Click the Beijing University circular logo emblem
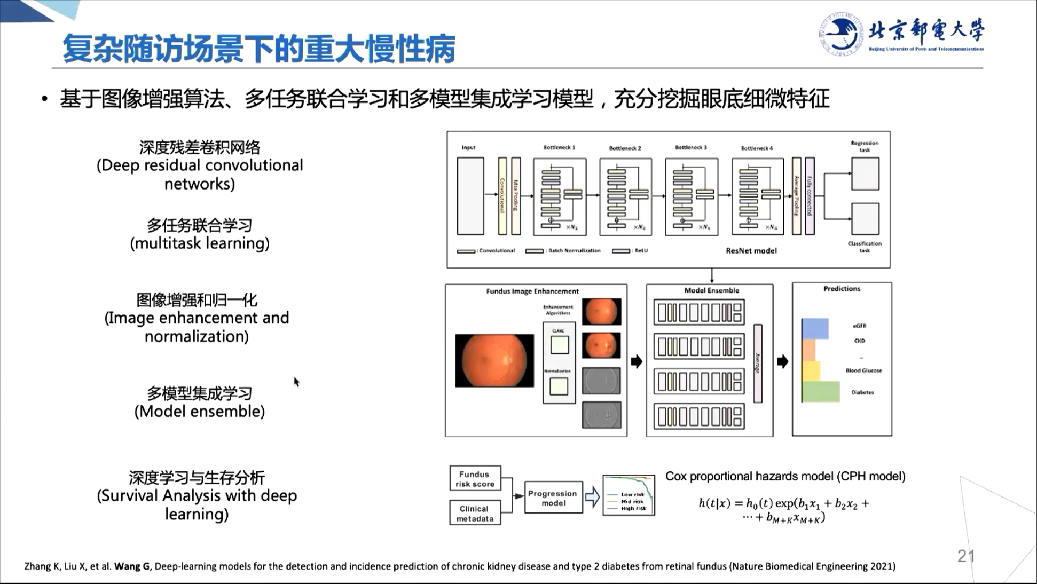point(840,34)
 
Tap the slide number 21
point(966,556)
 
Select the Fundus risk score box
point(475,478)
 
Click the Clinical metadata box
point(475,513)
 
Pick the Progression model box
point(553,498)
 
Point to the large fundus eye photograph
point(494,360)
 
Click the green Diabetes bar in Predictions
point(820,392)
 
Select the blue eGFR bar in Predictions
point(814,328)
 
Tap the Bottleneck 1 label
point(559,147)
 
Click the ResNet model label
point(751,250)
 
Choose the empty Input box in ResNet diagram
point(470,196)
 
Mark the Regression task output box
point(865,173)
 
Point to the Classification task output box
point(865,218)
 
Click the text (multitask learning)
point(200,243)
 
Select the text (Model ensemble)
point(200,412)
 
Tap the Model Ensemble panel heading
point(711,290)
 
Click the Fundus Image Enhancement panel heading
point(532,291)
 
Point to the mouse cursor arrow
point(296,381)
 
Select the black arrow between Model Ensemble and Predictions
point(782,362)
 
